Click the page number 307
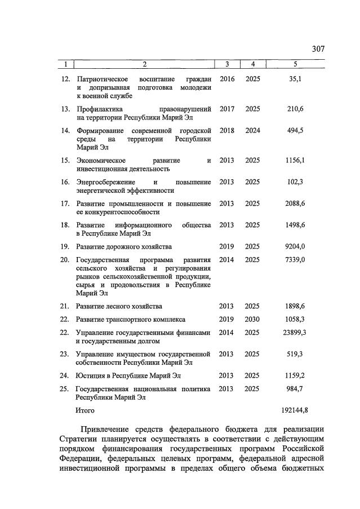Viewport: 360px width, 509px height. click(x=318, y=49)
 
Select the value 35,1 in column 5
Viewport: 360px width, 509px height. click(x=295, y=79)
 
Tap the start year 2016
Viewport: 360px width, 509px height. click(x=226, y=79)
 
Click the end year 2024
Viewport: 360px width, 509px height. click(x=253, y=131)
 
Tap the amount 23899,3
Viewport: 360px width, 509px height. click(x=294, y=333)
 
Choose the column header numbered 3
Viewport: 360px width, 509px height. click(x=226, y=64)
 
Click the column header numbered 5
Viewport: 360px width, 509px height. click(x=295, y=64)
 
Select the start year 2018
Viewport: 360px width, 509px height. click(x=226, y=131)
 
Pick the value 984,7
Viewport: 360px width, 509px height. click(x=295, y=388)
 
